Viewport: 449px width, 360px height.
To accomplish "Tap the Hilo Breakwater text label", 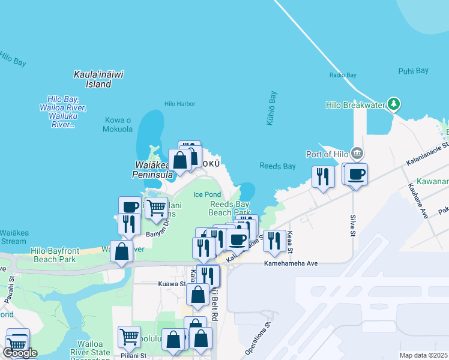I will [x=354, y=105].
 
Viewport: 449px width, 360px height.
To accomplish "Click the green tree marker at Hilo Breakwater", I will [x=393, y=104].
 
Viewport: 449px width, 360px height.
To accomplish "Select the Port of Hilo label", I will [x=327, y=154].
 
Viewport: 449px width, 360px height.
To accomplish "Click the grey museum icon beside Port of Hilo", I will [x=358, y=153].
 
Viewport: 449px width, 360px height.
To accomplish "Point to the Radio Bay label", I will [x=343, y=75].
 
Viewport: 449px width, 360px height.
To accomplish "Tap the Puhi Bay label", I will [x=413, y=71].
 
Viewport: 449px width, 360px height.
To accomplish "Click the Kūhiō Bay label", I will [x=271, y=108].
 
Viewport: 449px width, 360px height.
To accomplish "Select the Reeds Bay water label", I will [x=277, y=166].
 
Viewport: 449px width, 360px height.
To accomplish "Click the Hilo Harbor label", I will [x=179, y=104].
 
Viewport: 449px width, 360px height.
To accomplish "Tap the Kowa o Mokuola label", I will [x=118, y=124].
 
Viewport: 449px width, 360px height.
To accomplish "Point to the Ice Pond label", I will [x=206, y=194].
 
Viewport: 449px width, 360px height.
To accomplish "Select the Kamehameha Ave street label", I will [x=291, y=263].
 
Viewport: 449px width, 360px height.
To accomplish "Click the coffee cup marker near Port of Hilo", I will [x=357, y=175].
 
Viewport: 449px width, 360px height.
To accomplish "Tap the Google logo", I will [x=20, y=353].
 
